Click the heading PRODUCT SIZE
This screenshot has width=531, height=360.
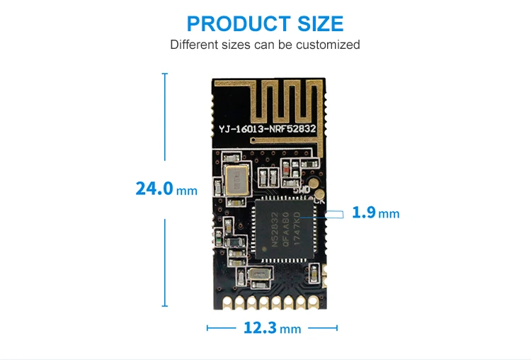point(265,23)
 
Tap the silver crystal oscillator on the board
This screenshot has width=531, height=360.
point(234,180)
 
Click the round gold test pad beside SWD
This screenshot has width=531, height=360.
point(321,193)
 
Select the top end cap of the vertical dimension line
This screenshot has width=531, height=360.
point(165,73)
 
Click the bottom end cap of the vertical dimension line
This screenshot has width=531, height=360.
point(165,306)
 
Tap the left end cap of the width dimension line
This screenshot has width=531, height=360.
point(207,328)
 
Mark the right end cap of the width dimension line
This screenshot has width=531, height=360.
point(337,328)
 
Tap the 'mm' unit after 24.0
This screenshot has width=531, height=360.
point(187,191)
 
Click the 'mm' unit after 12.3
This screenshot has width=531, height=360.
point(290,330)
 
